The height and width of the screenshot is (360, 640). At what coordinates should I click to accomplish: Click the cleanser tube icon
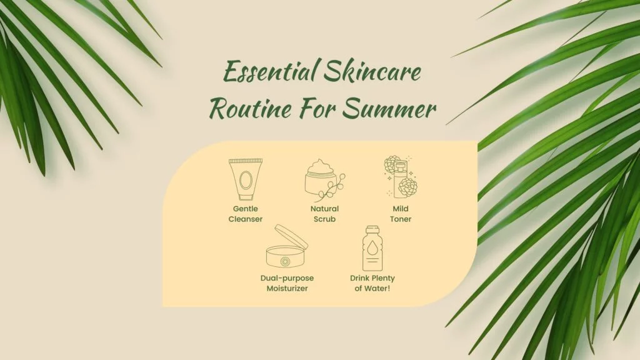(245, 179)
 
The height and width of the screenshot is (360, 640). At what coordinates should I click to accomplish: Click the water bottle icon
(373, 248)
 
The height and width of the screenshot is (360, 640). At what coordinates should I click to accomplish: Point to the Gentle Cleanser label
(245, 214)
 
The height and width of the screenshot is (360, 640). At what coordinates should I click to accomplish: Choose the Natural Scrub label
(324, 214)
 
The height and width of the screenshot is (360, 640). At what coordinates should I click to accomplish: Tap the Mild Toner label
(401, 214)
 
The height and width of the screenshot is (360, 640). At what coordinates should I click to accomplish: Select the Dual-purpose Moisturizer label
(287, 282)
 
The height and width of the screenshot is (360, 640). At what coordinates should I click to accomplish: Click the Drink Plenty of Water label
(373, 282)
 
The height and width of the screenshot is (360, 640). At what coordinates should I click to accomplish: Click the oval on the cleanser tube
(245, 185)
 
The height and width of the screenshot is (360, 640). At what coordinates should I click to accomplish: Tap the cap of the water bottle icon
(373, 229)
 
